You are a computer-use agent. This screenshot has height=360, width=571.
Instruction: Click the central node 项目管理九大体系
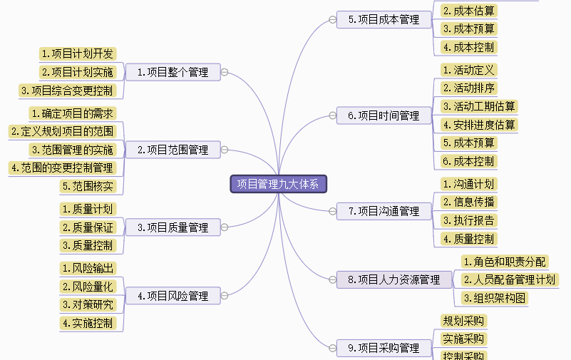pyautogui.click(x=279, y=184)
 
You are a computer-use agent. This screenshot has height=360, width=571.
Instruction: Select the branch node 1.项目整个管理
pyautogui.click(x=173, y=72)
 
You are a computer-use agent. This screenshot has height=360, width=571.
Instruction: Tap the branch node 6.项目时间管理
pyautogui.click(x=384, y=115)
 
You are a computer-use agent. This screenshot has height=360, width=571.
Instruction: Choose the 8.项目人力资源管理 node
pyautogui.click(x=393, y=280)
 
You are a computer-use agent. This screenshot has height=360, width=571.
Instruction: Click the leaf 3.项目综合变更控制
pyautogui.click(x=66, y=91)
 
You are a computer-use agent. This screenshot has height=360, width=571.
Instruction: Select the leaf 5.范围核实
pyautogui.click(x=88, y=187)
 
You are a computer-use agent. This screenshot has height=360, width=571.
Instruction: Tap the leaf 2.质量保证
pyautogui.click(x=87, y=227)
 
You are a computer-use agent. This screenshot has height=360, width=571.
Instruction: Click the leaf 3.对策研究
pyautogui.click(x=87, y=304)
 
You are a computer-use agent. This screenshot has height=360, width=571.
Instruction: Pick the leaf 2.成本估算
pyautogui.click(x=468, y=11)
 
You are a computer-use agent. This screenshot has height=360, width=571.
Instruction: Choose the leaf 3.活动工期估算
pyautogui.click(x=478, y=106)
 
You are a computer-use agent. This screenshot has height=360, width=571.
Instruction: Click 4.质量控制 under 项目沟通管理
pyautogui.click(x=468, y=239)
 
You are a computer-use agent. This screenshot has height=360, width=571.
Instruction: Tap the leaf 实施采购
pyautogui.click(x=463, y=339)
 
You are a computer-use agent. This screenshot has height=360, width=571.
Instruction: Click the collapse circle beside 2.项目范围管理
pyautogui.click(x=224, y=150)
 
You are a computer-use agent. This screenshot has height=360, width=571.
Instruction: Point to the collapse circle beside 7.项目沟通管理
pyautogui.click(x=331, y=211)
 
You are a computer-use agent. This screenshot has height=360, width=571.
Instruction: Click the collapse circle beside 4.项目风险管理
pyautogui.click(x=224, y=296)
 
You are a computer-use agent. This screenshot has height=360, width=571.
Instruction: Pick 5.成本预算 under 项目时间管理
pyautogui.click(x=468, y=143)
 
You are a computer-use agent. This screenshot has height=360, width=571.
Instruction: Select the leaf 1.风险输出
pyautogui.click(x=87, y=268)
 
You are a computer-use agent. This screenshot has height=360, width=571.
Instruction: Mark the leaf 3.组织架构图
pyautogui.click(x=495, y=298)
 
